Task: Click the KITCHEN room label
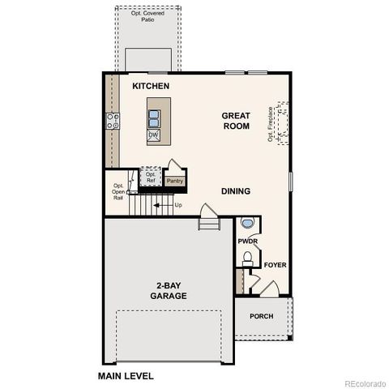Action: pos(150,85)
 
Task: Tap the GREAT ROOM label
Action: pos(236,121)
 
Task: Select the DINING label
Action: pos(236,191)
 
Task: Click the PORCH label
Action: pos(261,316)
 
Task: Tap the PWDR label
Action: pos(247,242)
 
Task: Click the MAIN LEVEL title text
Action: pos(126,376)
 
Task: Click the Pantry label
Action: pos(175,181)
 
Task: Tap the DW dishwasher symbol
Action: pos(153,135)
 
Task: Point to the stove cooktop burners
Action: pos(113,122)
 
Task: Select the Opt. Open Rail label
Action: pos(118,191)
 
